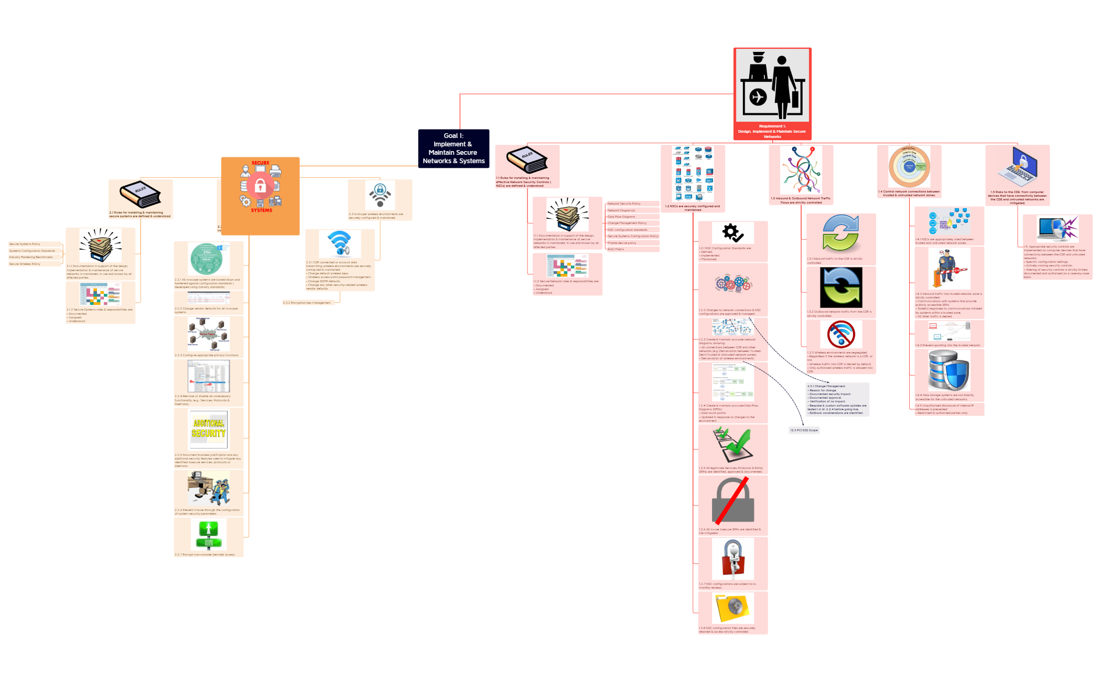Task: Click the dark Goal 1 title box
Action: [454, 148]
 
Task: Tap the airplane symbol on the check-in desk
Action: [758, 97]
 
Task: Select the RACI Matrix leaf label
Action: [616, 249]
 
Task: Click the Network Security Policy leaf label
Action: [624, 204]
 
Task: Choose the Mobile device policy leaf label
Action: [622, 243]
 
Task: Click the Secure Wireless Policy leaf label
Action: [25, 264]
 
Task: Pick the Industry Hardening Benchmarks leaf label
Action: [31, 257]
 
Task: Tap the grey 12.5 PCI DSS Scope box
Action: [804, 430]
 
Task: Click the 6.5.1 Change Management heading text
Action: [826, 386]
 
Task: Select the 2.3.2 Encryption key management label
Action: [307, 303]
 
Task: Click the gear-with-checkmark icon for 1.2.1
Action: [732, 232]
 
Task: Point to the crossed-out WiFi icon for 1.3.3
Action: [841, 334]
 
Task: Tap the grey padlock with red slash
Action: [732, 501]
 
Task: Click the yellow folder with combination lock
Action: [733, 608]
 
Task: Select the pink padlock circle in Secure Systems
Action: [260, 186]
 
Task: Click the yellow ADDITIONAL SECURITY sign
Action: [209, 428]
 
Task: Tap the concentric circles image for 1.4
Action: [909, 167]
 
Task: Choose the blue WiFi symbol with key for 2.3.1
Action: [340, 242]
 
